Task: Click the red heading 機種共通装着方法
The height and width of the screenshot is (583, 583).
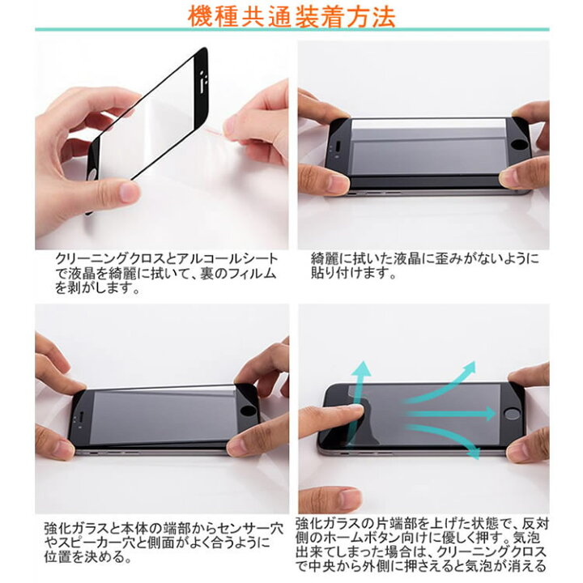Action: [291, 15]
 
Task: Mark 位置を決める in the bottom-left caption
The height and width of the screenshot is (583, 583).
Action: [89, 558]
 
